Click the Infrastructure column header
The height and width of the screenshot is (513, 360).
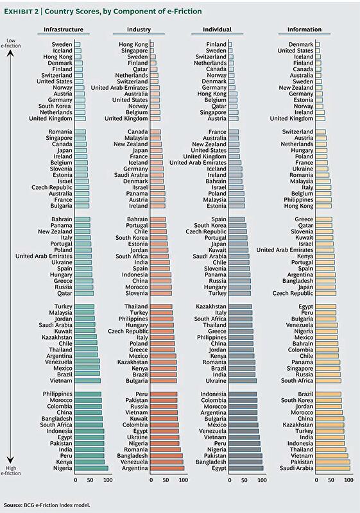64,29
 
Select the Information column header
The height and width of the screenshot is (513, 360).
304,29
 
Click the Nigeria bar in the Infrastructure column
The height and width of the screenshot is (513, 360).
91,468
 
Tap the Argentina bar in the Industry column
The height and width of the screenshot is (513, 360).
167,468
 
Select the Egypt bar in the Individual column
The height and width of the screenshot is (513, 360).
246,468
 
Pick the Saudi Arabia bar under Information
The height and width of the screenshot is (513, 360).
333,468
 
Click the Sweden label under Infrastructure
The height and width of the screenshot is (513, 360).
62,44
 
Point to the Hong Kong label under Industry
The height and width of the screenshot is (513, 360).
133,44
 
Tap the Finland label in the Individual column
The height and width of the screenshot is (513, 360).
216,44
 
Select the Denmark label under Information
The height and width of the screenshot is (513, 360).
301,44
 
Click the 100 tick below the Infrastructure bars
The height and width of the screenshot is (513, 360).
108,480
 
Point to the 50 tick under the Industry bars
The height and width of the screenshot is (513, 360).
166,480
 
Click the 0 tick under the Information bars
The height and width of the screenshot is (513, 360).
316,480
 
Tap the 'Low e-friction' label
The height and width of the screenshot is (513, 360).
11,43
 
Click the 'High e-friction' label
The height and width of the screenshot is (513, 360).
11,471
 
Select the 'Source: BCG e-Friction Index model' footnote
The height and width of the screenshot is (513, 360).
47,505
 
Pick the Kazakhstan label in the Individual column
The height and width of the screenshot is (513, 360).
211,307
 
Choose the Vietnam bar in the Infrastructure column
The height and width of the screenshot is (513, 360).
88,381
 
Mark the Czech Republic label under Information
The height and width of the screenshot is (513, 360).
293,294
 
